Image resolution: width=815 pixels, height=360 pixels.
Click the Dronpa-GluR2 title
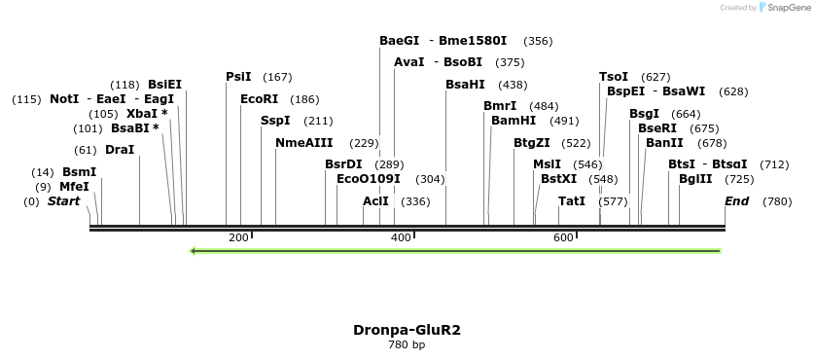click(x=407, y=329)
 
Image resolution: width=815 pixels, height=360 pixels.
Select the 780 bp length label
click(x=407, y=344)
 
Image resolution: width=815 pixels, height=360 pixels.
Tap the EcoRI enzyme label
click(x=259, y=99)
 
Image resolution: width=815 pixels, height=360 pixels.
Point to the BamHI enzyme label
click(x=514, y=121)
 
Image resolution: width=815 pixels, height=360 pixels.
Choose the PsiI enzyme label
click(x=238, y=77)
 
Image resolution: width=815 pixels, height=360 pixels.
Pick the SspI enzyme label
click(x=275, y=121)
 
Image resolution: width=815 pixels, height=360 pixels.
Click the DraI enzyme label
click(x=120, y=150)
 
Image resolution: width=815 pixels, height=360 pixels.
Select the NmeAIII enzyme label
click(x=303, y=143)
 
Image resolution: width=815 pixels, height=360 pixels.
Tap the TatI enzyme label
click(x=572, y=201)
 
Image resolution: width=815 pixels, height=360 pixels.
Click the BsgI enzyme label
click(x=644, y=114)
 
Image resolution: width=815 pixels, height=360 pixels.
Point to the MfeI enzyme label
click(x=74, y=187)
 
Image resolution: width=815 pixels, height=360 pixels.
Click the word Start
click(x=64, y=201)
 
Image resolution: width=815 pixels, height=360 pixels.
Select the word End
click(x=736, y=201)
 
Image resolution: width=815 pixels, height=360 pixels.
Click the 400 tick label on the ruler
click(x=400, y=237)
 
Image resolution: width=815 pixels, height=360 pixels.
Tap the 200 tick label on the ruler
click(x=237, y=237)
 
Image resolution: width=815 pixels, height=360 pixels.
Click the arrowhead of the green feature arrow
click(x=195, y=251)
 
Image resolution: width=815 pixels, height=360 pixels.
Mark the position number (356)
click(x=538, y=41)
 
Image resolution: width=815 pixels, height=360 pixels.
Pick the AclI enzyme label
click(x=375, y=201)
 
